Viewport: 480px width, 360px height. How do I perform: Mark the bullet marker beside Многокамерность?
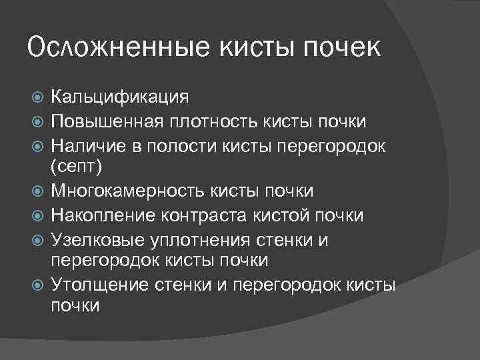(x=38, y=192)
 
